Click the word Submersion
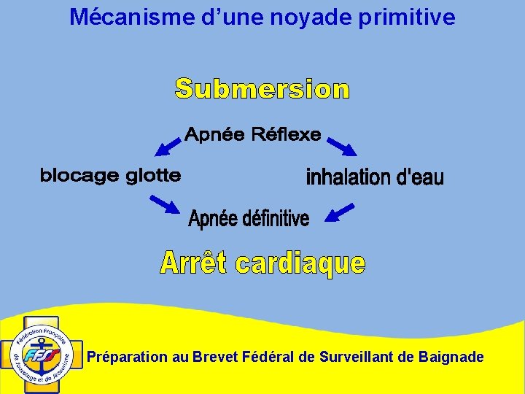tap(262, 89)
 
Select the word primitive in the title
tap(413, 17)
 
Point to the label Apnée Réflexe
tap(252, 134)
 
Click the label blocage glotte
tap(110, 175)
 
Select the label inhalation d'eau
tap(374, 177)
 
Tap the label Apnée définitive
tap(249, 218)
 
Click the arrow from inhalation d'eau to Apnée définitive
tap(339, 212)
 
